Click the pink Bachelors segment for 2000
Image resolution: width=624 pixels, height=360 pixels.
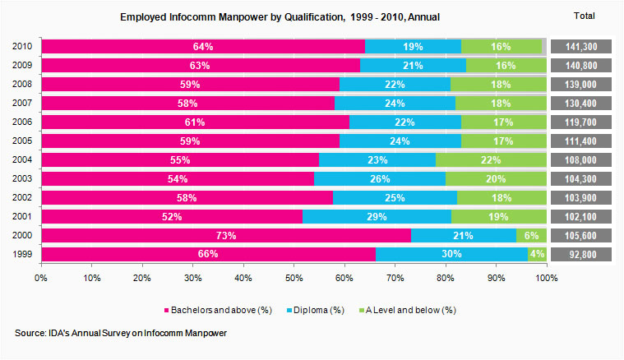point(225,235)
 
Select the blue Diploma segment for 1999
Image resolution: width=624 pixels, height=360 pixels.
point(451,254)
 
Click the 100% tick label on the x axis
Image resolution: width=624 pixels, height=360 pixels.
point(546,279)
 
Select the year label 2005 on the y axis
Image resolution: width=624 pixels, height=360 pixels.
point(24,141)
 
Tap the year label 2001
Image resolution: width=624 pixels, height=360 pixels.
point(24,216)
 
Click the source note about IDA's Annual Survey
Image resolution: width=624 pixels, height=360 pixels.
point(120,333)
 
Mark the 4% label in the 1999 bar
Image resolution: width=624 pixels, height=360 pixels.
point(537,254)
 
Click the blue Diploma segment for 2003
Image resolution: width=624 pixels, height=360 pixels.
point(379,178)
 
